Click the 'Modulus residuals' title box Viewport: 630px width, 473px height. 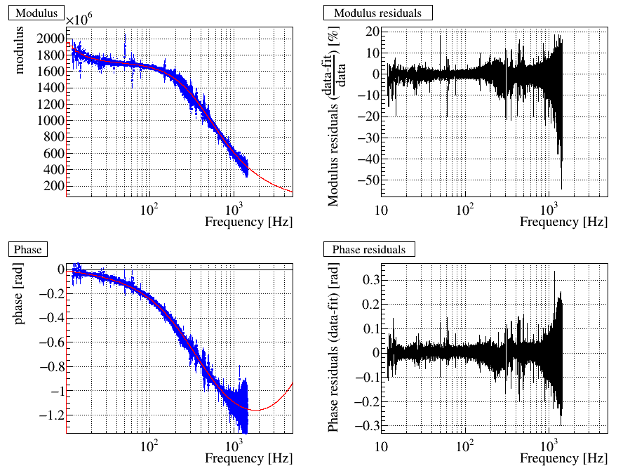coord(377,13)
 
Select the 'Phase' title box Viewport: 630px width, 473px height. coord(27,249)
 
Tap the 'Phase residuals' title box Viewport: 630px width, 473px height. coord(369,249)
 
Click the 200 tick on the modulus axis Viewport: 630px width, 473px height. coord(54,186)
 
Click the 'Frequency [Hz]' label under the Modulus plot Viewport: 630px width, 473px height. coord(249,222)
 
